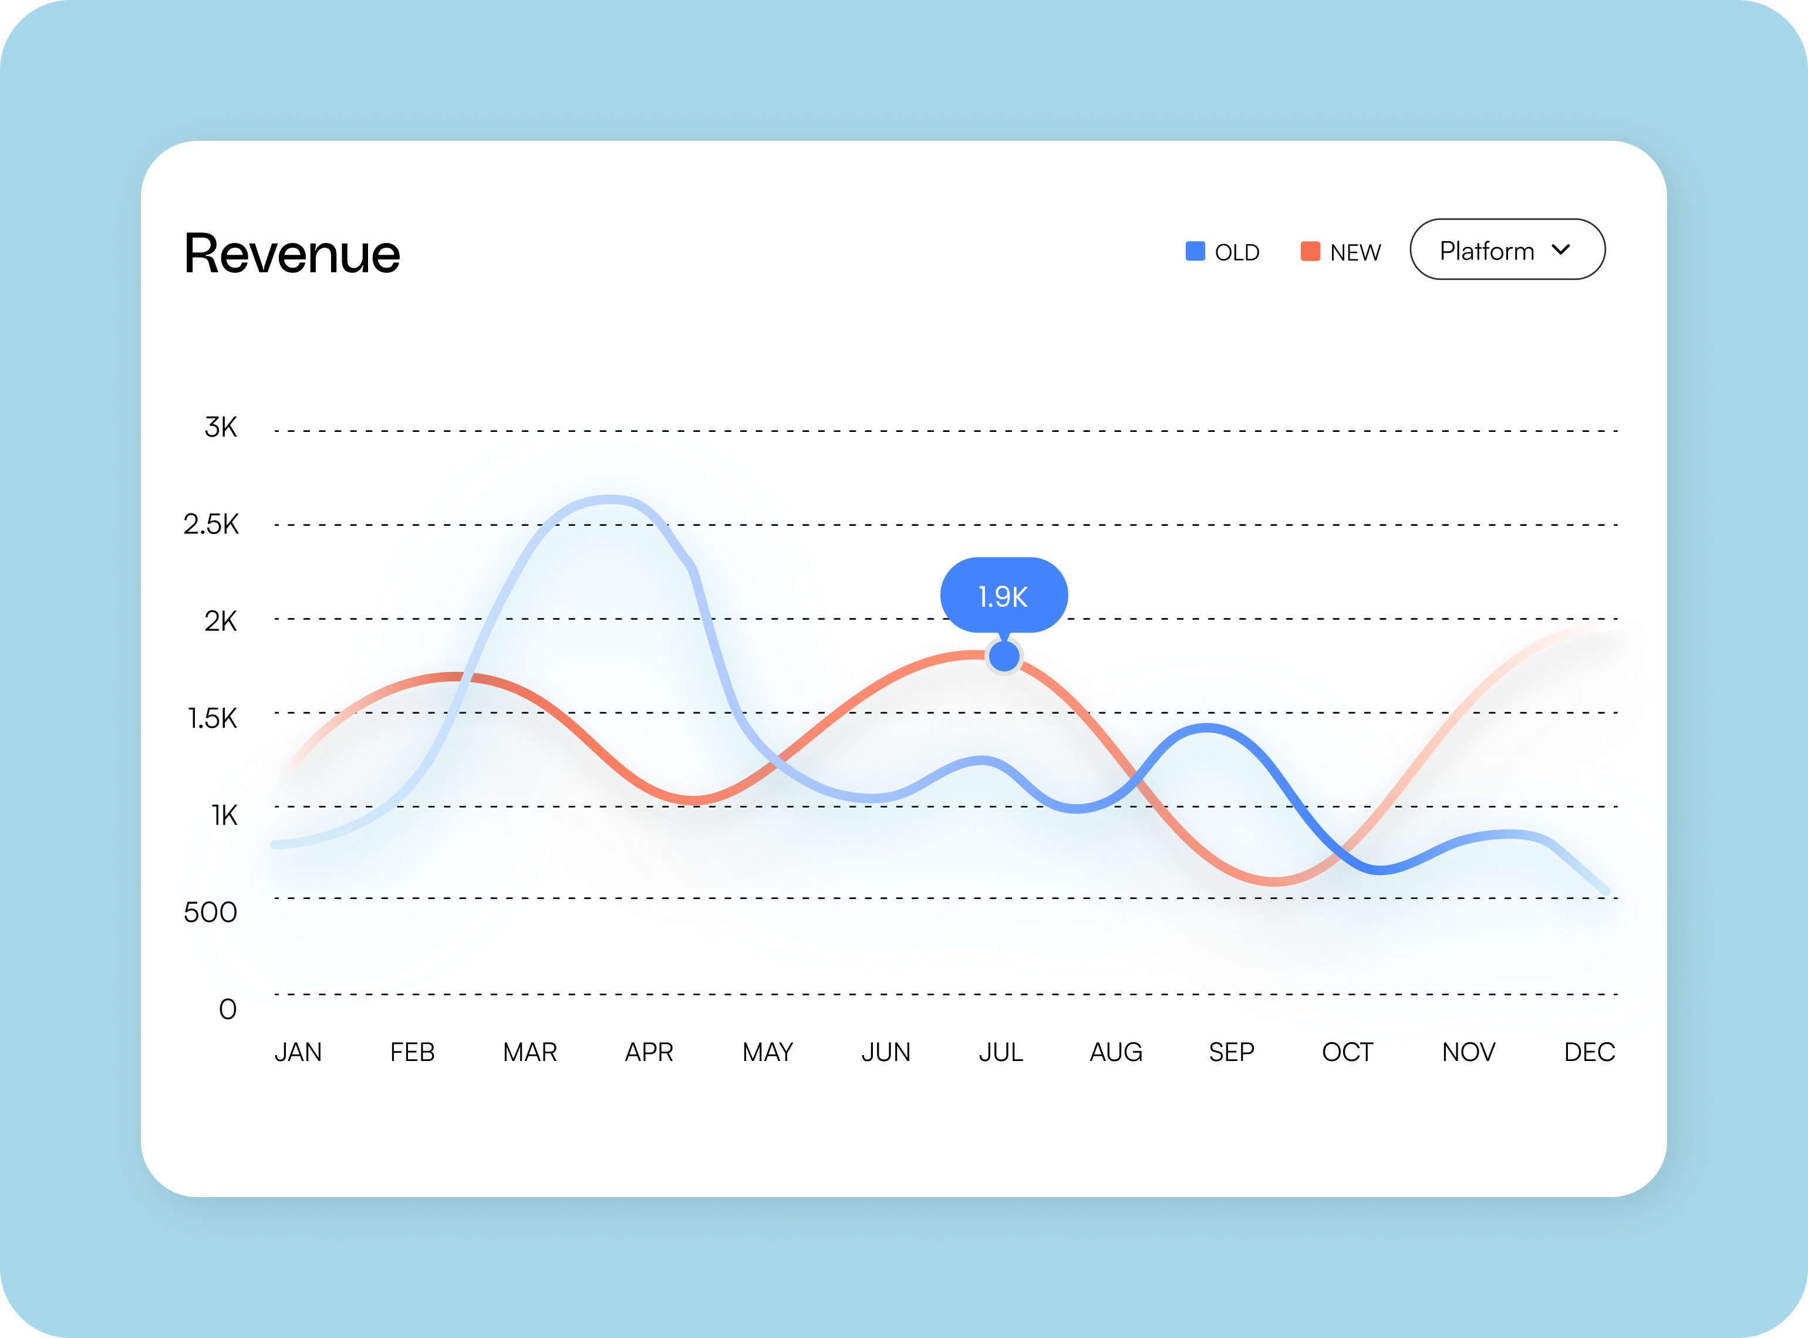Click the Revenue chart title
[292, 254]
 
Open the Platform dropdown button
[1507, 249]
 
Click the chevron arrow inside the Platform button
[1561, 249]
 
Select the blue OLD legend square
[1195, 251]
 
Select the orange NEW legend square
[1310, 251]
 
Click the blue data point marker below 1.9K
[1004, 656]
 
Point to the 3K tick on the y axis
[220, 427]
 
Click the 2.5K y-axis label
[211, 524]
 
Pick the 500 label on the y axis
[210, 912]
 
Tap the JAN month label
[298, 1052]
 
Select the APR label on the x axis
[649, 1052]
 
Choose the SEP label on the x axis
[1231, 1052]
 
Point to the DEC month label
[1589, 1052]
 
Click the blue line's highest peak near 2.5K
[609, 500]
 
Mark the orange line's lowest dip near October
[1274, 880]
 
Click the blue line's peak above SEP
[1207, 728]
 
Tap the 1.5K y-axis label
[212, 718]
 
